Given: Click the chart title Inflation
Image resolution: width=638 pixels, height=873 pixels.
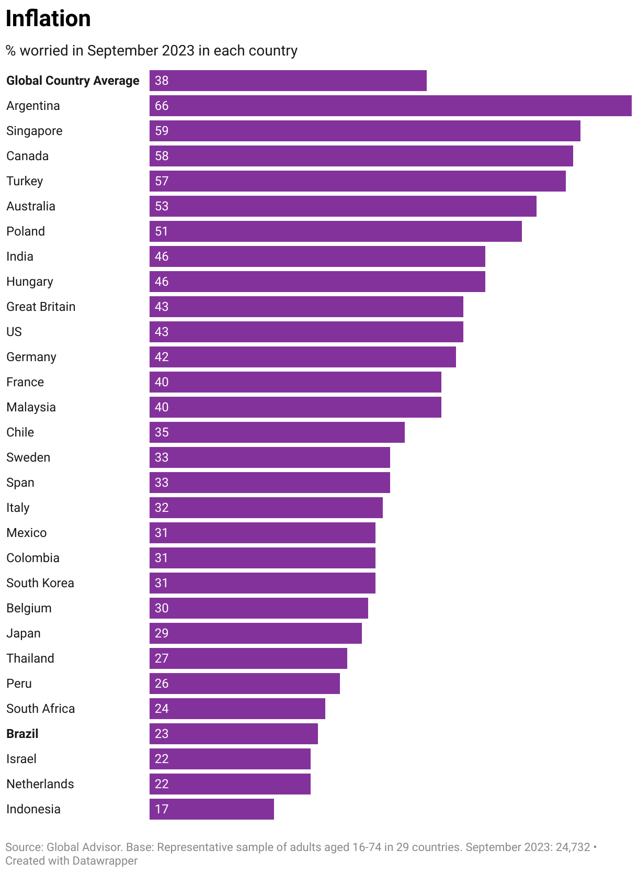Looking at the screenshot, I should [x=48, y=19].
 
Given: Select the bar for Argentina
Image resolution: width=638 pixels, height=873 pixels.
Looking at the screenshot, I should [x=390, y=106].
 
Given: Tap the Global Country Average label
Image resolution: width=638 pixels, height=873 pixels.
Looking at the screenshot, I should [x=73, y=81].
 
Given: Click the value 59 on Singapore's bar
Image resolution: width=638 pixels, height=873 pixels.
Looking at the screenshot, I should [x=162, y=131].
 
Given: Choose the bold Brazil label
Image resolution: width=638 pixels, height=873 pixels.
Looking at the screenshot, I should [x=22, y=734].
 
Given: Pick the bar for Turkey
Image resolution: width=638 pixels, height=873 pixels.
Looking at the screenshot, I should [x=357, y=181].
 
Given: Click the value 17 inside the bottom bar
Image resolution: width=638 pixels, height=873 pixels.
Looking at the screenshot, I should [x=162, y=809].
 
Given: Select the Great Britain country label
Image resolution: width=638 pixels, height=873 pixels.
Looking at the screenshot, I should [x=41, y=307].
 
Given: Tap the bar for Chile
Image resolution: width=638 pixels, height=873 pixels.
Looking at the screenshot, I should [x=277, y=432].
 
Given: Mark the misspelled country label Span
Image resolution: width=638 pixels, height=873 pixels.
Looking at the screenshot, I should [x=20, y=483].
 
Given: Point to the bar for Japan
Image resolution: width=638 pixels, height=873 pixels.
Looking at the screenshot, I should [x=255, y=633].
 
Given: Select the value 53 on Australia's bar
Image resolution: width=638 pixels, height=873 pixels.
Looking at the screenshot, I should [x=162, y=206].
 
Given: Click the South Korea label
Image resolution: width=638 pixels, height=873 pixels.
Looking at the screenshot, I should [x=40, y=583].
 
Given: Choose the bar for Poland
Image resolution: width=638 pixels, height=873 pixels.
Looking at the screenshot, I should [x=335, y=231].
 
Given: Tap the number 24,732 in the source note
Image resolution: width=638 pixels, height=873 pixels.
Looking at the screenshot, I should [x=572, y=847].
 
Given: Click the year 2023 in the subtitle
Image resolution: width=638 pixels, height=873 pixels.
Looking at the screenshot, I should [x=178, y=51].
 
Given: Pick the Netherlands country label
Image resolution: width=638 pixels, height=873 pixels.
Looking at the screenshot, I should [x=40, y=784].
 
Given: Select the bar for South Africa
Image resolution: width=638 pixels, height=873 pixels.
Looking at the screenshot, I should [x=237, y=709].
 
